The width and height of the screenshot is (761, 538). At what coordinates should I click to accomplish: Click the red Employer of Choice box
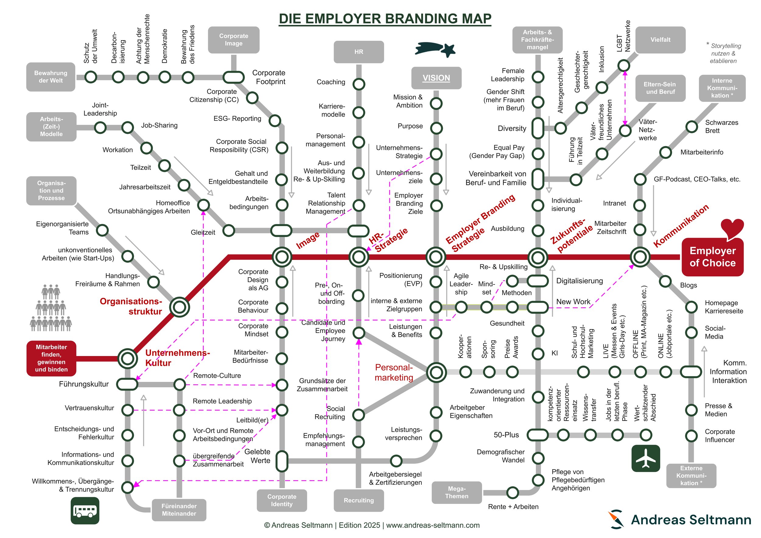coord(712,257)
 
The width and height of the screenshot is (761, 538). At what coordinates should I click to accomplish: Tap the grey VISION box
coord(436,78)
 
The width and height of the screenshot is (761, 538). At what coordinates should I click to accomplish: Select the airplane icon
coord(646,458)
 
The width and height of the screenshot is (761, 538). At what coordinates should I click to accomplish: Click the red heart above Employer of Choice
coord(732,228)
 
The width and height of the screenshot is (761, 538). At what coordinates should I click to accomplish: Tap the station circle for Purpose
coord(436,128)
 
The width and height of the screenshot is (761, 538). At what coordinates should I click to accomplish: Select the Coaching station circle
coord(359,84)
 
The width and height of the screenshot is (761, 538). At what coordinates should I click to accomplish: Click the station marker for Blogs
coord(665,281)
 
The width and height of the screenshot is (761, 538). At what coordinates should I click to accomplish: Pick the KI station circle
coord(538,354)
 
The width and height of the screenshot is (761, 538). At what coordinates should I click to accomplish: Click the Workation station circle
coord(146,148)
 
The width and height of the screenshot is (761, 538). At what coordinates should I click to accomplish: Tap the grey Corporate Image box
coord(234,40)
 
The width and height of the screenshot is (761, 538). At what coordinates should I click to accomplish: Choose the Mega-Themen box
coord(456,492)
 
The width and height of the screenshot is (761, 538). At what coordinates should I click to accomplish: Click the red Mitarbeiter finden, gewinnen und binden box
coord(51,358)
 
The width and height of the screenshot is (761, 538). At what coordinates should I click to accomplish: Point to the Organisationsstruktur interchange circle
coord(179,307)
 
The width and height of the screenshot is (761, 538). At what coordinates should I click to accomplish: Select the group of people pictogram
coord(51,308)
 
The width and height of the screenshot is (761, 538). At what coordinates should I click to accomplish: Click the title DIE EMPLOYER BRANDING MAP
coord(385,19)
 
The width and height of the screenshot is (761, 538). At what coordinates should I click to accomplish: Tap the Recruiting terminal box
coord(359,500)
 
